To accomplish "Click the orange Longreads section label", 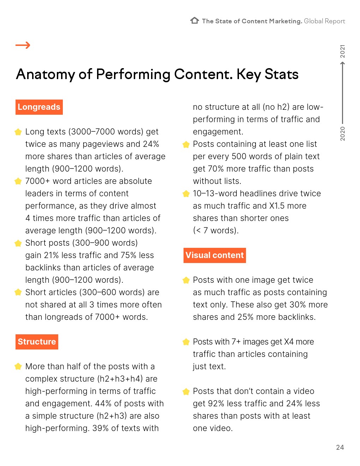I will tap(39, 107).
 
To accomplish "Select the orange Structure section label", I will tap(37, 342).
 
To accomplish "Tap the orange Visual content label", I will tap(215, 255).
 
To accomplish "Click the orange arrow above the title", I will tap(23, 45).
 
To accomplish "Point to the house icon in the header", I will tap(194, 20).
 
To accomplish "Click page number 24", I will tap(340, 447).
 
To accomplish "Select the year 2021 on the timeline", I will tap(342, 52).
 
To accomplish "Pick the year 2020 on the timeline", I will tap(342, 133).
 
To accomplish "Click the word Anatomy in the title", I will tap(45, 74).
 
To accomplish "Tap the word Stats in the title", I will tap(281, 74).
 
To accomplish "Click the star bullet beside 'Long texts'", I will tap(18, 132).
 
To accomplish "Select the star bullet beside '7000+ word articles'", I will tap(18, 181).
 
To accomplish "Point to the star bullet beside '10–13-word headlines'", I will tap(186, 194).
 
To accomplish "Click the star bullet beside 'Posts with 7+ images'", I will tap(186, 342).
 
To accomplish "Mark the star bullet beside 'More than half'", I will tap(18, 367).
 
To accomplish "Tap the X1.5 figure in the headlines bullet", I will tap(277, 206).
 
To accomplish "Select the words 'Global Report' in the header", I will tap(324, 21).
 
